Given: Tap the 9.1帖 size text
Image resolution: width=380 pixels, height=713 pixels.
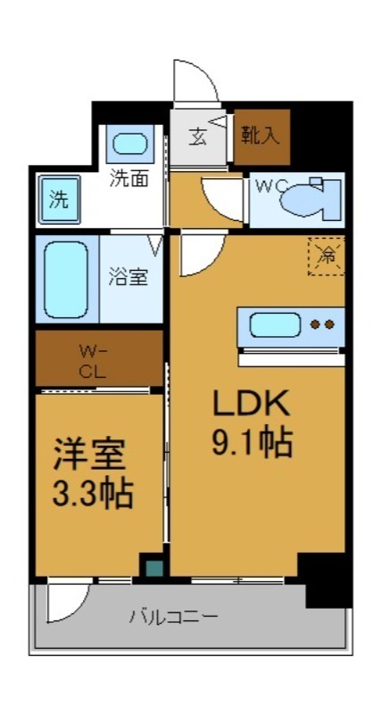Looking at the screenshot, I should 252,442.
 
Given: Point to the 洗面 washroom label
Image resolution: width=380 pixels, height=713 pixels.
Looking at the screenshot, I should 128,177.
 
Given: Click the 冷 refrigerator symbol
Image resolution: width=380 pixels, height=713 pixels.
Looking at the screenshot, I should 326,258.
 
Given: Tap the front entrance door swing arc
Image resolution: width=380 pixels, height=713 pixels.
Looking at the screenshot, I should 197,85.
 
